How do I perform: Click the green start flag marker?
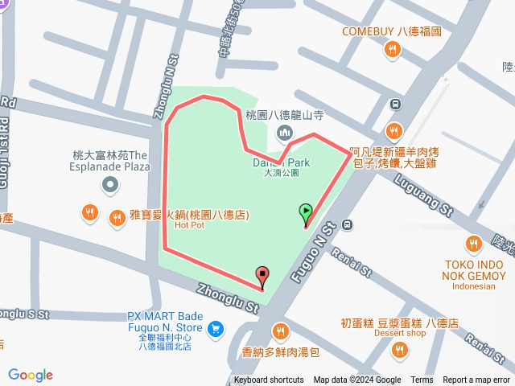(306, 213)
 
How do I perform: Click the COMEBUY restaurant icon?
(393, 49)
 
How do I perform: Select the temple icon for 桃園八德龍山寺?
(283, 132)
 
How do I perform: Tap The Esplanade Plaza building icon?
(109, 185)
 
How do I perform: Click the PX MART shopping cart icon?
(215, 328)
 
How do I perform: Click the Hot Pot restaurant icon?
(90, 214)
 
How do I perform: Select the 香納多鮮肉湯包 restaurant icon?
(280, 331)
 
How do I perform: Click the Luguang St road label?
(422, 195)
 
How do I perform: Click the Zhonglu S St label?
(24, 313)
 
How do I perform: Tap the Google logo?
(31, 375)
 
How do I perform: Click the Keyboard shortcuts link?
(269, 380)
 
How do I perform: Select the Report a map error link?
(477, 380)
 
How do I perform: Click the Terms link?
(422, 380)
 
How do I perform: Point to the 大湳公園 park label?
(281, 173)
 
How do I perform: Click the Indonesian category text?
(473, 285)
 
